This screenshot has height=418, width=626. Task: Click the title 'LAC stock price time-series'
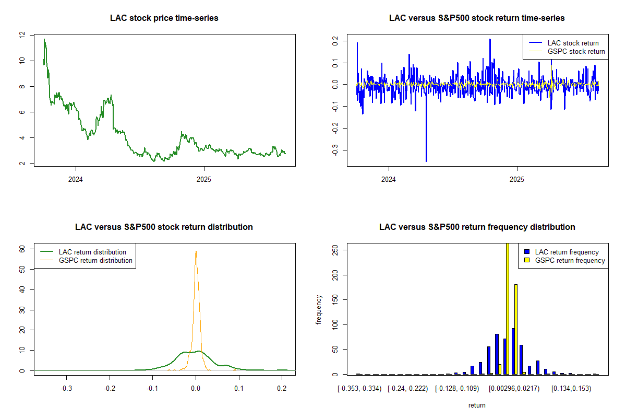[164, 18]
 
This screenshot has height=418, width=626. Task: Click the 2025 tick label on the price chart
[204, 178]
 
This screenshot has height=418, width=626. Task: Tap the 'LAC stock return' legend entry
[573, 43]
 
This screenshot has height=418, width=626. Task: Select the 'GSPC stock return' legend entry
[576, 52]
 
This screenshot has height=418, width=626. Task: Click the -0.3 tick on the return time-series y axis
[334, 150]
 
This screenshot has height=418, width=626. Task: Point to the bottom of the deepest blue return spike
[426, 161]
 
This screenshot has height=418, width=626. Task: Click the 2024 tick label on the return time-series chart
[389, 178]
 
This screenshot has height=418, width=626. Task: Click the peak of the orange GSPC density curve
[196, 251]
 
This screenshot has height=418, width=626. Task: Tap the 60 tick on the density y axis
[22, 250]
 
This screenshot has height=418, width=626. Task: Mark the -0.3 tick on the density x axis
[66, 389]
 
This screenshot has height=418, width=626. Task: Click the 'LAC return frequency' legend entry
[567, 252]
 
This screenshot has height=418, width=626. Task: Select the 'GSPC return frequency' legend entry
[570, 260]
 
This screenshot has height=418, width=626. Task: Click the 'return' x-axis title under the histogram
[477, 405]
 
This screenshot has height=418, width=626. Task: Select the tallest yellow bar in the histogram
[508, 308]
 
